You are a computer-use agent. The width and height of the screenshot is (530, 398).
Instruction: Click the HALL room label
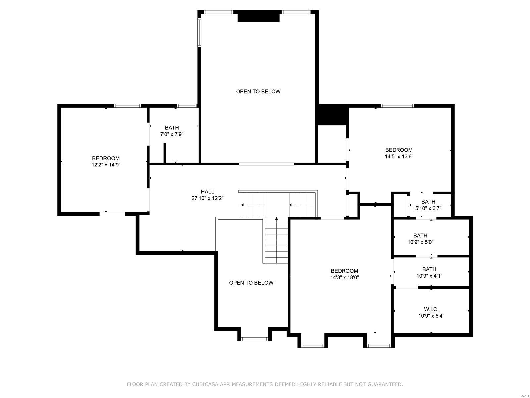[207, 192]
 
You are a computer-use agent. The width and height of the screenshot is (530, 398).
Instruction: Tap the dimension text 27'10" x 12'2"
[207, 198]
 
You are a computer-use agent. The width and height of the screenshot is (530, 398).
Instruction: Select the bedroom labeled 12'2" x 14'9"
[106, 162]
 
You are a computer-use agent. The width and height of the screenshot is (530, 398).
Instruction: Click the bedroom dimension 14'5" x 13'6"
[399, 156]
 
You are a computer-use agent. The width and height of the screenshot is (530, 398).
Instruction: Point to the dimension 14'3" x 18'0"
[344, 277]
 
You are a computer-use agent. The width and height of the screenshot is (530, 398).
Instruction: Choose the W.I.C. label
[431, 309]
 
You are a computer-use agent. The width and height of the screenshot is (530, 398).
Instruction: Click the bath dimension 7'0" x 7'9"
[172, 134]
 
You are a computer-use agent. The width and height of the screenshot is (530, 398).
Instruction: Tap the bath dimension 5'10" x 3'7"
[428, 208]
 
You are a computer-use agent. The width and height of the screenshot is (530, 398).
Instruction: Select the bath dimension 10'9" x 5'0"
[420, 242]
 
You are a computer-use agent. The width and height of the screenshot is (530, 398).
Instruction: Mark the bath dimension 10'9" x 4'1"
[429, 276]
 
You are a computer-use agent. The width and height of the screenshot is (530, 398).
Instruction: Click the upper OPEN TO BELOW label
[258, 91]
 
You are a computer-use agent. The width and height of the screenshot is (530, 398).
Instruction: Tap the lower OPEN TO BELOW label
[251, 283]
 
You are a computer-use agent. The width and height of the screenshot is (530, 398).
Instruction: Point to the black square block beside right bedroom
[332, 115]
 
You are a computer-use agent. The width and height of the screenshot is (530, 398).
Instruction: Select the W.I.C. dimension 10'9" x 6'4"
[431, 316]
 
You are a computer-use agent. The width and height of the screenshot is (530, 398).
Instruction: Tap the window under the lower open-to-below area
[254, 339]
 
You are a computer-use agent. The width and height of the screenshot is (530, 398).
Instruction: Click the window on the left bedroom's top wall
[128, 106]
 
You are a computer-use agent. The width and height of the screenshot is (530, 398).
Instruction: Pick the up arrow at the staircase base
[277, 219]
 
